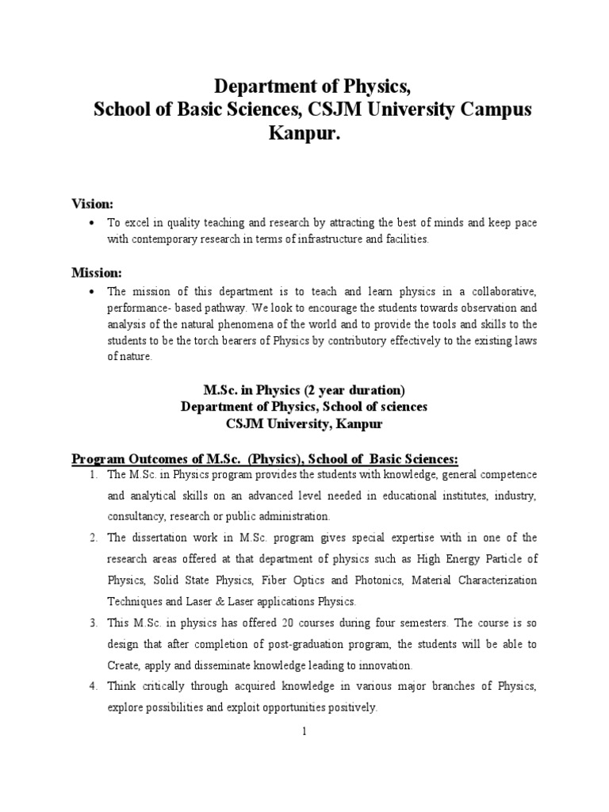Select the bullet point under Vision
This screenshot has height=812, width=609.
tap(94, 224)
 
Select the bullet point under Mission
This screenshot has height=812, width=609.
tap(94, 292)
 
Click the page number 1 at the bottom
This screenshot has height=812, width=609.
tap(304, 732)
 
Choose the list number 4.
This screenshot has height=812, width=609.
tap(93, 685)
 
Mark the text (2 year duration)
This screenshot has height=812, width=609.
tap(348, 390)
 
